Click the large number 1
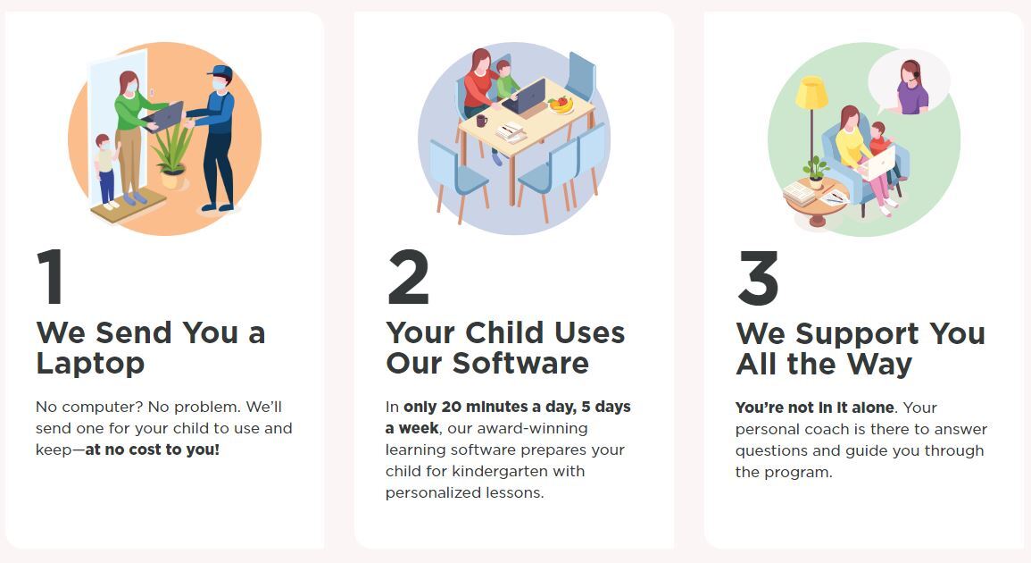(x=51, y=276)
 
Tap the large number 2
(x=408, y=276)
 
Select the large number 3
(x=758, y=277)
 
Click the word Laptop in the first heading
(x=90, y=364)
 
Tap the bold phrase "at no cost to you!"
(x=153, y=450)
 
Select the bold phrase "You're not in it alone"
(x=815, y=408)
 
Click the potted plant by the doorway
(x=172, y=155)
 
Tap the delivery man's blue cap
(x=220, y=71)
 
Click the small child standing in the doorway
(x=106, y=172)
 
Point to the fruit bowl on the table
(x=561, y=105)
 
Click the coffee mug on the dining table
(x=482, y=121)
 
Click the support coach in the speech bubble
(x=912, y=87)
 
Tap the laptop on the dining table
(x=526, y=97)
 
